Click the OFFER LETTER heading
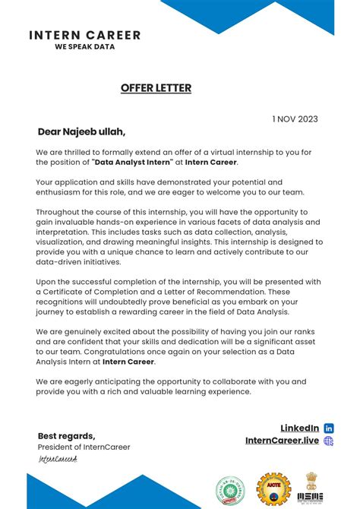pos(156,88)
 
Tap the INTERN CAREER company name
pos(84,35)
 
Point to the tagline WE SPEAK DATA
pos(84,46)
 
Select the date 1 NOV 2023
pos(295,119)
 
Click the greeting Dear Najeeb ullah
pos(81,132)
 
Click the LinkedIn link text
pos(299,428)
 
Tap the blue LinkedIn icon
pos(329,428)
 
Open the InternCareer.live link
pos(282,441)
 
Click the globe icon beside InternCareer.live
pos(329,441)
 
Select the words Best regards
pos(67,436)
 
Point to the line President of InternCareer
pos(84,447)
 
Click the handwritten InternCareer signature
pos(58,459)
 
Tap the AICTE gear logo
pos(273,490)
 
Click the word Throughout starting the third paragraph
pos(62,212)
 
